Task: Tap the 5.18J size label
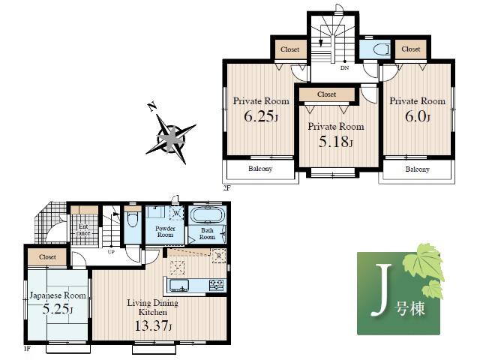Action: [335, 142]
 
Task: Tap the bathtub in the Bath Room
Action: [204, 216]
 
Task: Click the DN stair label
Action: [344, 68]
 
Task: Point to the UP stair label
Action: [112, 251]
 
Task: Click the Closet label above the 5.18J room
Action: [326, 94]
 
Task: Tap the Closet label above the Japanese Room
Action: [47, 256]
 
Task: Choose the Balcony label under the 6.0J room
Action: [418, 169]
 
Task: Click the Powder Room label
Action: [165, 232]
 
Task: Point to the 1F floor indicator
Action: [26, 349]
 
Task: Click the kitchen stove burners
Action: [216, 283]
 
